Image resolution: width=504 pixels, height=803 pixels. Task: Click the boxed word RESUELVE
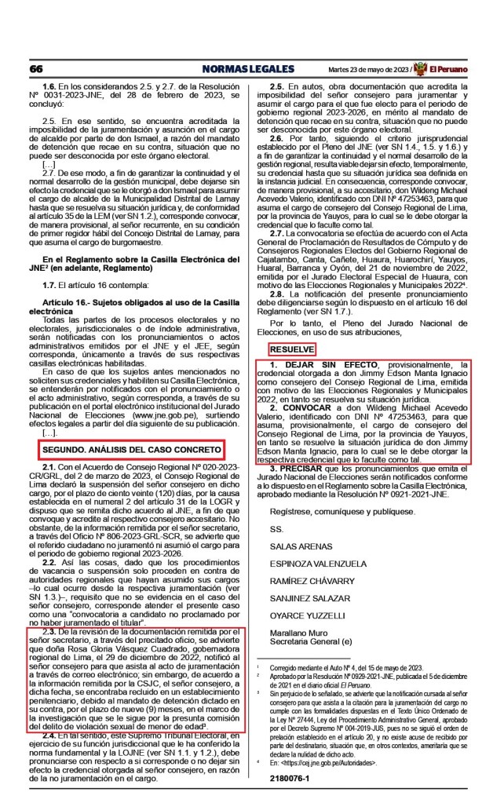[x=293, y=348]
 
